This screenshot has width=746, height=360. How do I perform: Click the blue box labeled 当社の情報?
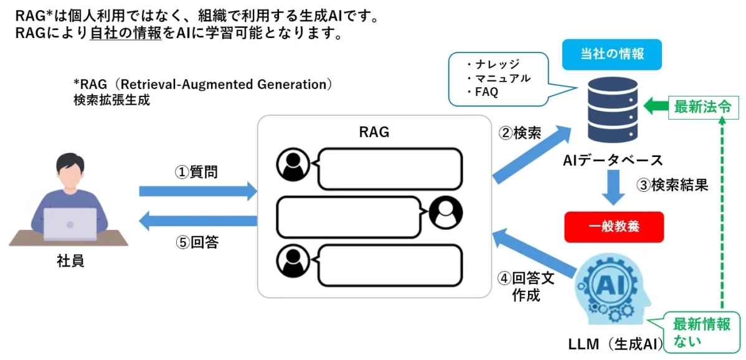612,54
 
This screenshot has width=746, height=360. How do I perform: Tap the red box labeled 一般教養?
613,227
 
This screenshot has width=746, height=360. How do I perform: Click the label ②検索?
519,133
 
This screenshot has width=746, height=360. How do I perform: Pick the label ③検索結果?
671,185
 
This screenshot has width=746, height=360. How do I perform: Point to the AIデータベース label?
613,160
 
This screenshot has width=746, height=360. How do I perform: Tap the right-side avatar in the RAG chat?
446,212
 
